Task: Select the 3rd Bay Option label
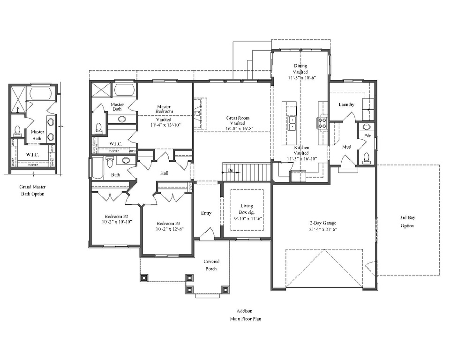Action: (x=407, y=222)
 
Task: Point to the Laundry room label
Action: (x=346, y=105)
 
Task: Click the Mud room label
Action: (x=346, y=147)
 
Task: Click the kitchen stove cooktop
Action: (x=322, y=123)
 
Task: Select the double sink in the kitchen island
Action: (x=292, y=123)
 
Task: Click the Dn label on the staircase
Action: (x=230, y=171)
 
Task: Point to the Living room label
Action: (x=247, y=206)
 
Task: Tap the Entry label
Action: (x=206, y=213)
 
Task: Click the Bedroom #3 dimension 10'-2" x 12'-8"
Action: (x=170, y=229)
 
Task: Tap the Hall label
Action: (x=164, y=173)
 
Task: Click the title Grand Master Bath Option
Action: (x=32, y=190)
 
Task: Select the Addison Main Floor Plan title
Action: (x=245, y=315)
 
